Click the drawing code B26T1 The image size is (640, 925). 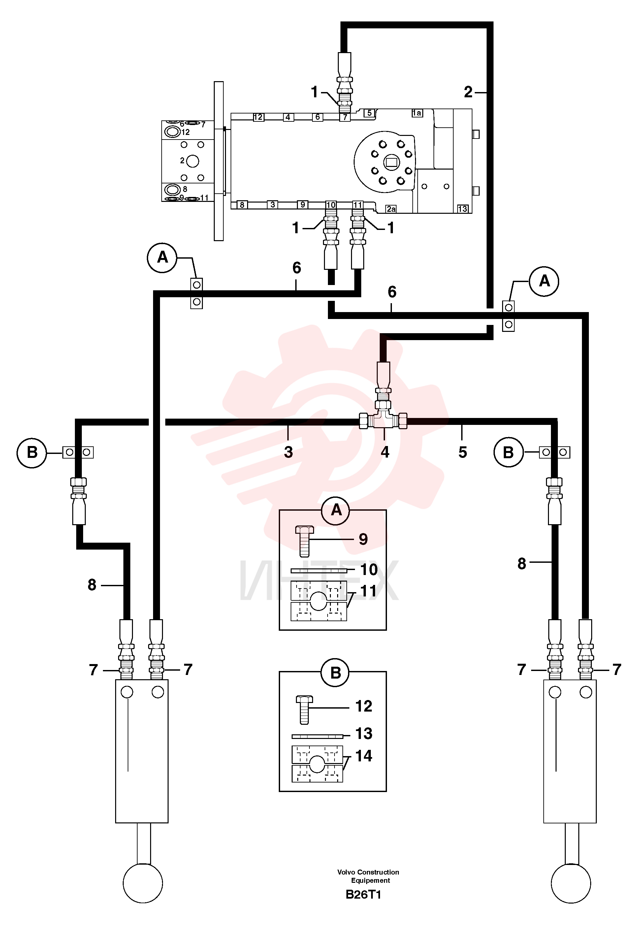point(363,895)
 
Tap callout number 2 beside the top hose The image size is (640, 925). point(468,93)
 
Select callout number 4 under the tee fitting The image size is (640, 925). point(385,452)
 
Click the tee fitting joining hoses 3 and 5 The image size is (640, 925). point(383,420)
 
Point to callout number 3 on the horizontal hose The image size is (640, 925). point(288,452)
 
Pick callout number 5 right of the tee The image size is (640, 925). point(463,452)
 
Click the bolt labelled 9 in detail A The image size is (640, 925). point(304,541)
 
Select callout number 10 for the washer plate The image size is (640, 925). point(369,570)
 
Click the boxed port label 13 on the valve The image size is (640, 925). point(463,209)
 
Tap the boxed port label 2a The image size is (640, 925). point(391,209)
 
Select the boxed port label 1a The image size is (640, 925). point(417,113)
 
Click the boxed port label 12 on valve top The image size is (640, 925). point(258,117)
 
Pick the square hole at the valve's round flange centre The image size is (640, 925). point(391,162)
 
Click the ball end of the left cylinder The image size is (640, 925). point(143,883)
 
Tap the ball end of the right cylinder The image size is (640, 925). point(571,883)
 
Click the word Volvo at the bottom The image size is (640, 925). point(346,872)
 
